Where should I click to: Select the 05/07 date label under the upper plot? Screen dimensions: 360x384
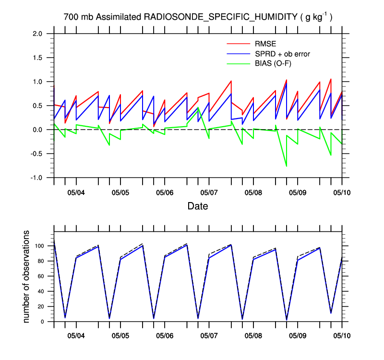point(209,193)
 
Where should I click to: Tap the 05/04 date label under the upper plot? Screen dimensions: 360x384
point(76,193)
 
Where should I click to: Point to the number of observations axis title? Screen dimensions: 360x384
point(27,276)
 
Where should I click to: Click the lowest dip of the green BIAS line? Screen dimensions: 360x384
point(287,166)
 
